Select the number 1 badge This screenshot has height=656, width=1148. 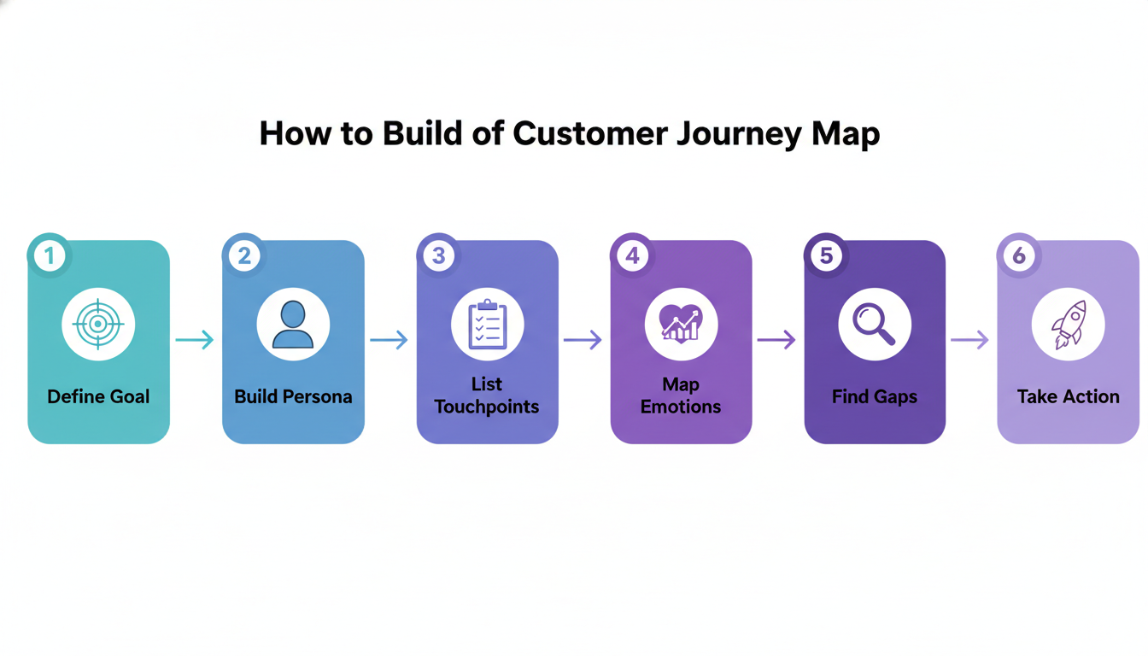tap(50, 255)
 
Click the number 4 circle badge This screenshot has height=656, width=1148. tap(632, 255)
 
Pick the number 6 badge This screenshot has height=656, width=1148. tap(1019, 255)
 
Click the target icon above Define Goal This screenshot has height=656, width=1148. tap(98, 325)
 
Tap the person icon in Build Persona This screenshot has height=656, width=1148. tap(293, 325)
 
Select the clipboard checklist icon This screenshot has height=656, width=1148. tap(487, 325)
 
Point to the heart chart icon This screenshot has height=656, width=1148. tap(681, 325)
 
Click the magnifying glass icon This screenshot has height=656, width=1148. tap(875, 325)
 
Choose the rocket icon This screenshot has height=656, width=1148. tap(1068, 325)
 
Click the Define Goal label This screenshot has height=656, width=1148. tap(98, 396)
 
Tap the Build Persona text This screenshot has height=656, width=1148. tap(293, 396)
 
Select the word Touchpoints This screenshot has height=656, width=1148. tap(487, 407)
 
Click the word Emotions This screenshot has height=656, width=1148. tap(681, 407)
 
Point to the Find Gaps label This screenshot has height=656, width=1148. tap(875, 396)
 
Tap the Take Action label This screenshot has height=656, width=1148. tap(1068, 396)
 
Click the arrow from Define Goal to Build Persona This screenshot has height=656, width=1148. tap(195, 340)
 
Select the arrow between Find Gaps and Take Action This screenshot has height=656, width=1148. tap(970, 340)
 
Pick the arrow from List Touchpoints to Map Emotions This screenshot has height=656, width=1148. tap(583, 340)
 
